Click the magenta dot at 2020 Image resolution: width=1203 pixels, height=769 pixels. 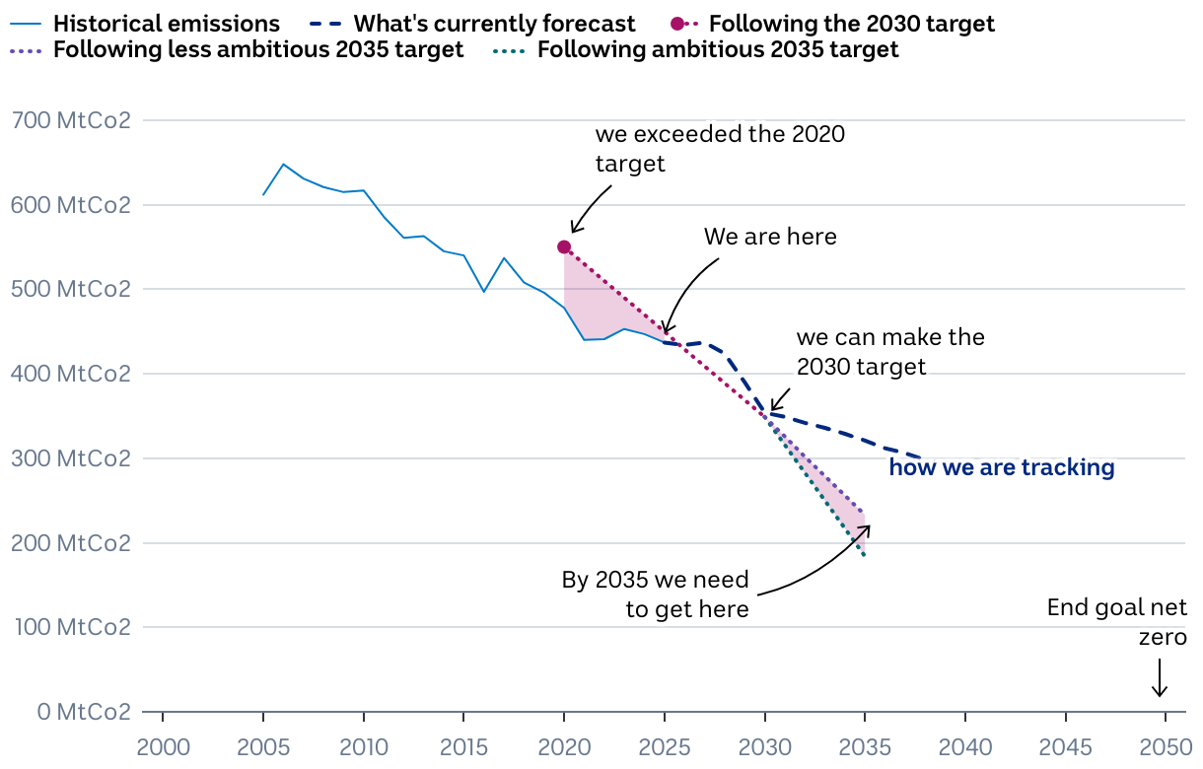click(x=564, y=246)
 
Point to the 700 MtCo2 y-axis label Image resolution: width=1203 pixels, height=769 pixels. click(x=69, y=121)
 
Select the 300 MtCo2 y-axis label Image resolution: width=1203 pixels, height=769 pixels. click(x=69, y=458)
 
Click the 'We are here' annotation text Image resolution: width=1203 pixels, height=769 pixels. click(x=770, y=237)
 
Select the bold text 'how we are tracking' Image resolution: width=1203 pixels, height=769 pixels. click(x=1002, y=467)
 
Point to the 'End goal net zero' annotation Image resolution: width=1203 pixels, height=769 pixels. click(x=1117, y=622)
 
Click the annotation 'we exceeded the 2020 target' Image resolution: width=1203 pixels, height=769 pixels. click(x=720, y=149)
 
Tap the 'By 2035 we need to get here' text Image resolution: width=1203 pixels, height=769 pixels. click(x=656, y=594)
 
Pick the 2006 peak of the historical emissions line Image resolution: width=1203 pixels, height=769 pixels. click(x=283, y=164)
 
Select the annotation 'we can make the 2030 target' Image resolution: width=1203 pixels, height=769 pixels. click(x=890, y=352)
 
